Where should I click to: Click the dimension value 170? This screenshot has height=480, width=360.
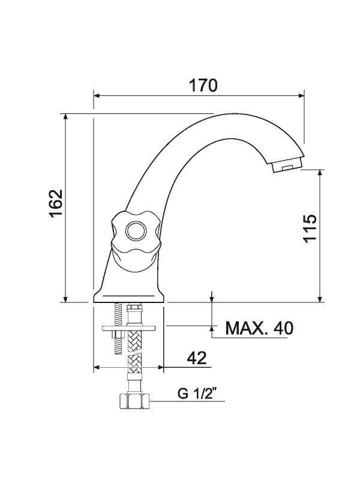click(203, 85)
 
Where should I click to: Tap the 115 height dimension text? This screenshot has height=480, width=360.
click(310, 228)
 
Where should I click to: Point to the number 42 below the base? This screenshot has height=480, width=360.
click(196, 358)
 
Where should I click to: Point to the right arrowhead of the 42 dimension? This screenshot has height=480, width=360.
click(162, 367)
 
